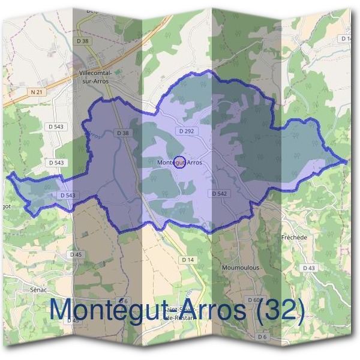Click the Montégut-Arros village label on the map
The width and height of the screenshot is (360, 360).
click(x=179, y=162)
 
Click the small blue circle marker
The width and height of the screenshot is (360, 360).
click(x=179, y=162)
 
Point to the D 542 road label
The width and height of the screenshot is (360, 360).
click(x=220, y=193)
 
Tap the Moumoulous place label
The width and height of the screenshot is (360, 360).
click(x=240, y=267)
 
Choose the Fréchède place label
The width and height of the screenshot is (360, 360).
click(x=294, y=237)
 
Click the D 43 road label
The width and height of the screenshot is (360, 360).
click(x=308, y=268)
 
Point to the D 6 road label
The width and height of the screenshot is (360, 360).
click(x=262, y=337)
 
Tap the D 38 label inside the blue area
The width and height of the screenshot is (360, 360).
click(x=124, y=133)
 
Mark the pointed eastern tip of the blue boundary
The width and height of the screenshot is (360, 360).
click(x=347, y=161)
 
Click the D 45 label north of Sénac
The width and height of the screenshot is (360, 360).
click(x=75, y=254)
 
